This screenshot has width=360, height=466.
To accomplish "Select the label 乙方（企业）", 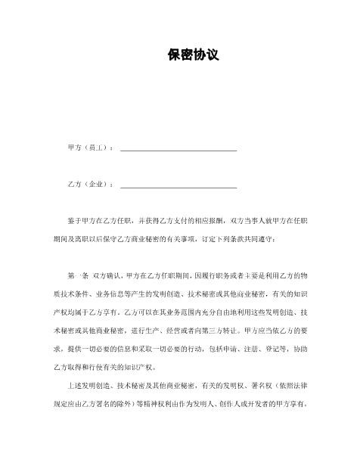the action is click(90, 184).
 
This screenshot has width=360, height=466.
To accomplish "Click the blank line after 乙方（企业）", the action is click(178, 184).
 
